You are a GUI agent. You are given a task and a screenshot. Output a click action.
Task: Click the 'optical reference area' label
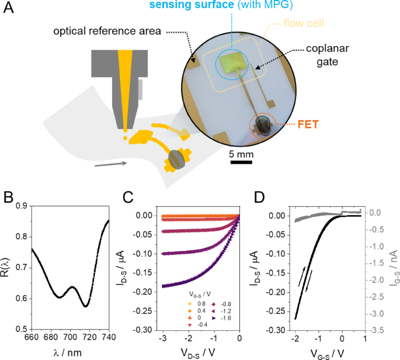point(107,30)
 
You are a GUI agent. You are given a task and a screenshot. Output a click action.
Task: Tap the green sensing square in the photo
point(232,62)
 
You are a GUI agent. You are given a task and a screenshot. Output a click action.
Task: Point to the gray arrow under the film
point(110,164)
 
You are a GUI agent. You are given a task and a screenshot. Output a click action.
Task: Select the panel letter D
point(260,196)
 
